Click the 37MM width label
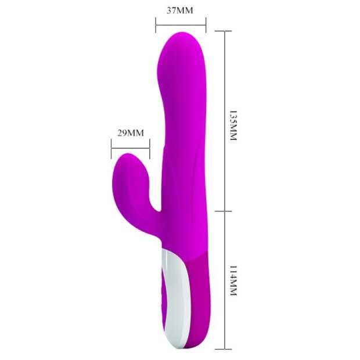[179, 10]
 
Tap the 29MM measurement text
[130, 132]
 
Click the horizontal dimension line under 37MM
[181, 24]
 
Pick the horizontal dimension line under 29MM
[130, 148]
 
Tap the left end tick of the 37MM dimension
[156, 24]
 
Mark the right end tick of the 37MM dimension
[206, 24]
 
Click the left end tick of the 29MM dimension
[111, 148]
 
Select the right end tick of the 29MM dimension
[150, 148]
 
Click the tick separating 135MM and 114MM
[224, 211]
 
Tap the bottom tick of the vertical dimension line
[224, 348]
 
